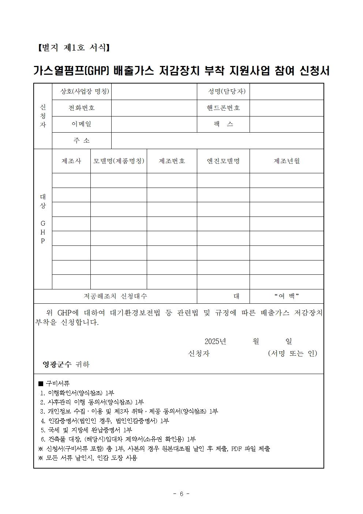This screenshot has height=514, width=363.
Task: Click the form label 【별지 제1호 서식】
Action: click(x=74, y=48)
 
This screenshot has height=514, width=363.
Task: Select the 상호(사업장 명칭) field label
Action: click(x=85, y=92)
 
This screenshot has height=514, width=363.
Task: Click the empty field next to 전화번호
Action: click(x=154, y=108)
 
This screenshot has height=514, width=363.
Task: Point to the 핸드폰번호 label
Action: click(x=223, y=108)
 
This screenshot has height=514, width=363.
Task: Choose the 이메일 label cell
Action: click(x=82, y=124)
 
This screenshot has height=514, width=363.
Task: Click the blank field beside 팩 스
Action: click(x=287, y=124)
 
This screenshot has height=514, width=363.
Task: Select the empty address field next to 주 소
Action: click(x=217, y=141)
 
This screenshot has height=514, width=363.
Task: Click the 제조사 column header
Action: click(x=71, y=161)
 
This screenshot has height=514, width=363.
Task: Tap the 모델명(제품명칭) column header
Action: click(x=119, y=161)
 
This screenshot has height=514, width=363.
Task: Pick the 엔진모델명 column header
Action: click(x=223, y=161)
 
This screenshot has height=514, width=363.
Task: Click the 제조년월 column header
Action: click(x=287, y=161)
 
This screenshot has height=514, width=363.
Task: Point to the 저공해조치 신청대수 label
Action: click(x=115, y=296)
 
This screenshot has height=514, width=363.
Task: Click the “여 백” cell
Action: click(x=287, y=296)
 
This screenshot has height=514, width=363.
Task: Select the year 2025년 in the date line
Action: click(x=215, y=341)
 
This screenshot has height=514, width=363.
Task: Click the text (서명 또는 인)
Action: click(x=292, y=354)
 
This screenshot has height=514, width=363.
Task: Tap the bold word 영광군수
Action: click(x=57, y=365)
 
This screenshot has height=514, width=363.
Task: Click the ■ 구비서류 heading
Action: click(x=54, y=384)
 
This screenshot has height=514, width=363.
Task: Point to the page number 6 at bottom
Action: click(x=181, y=493)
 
